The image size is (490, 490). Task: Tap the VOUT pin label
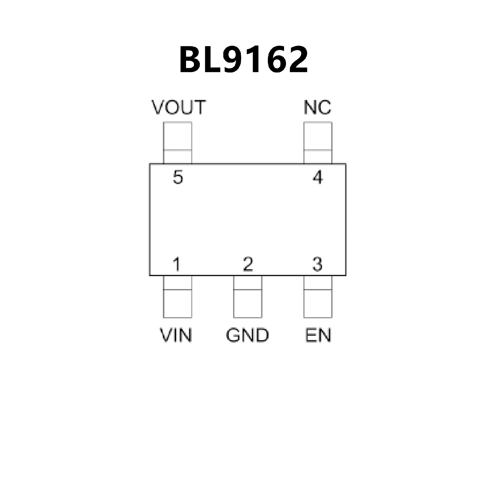point(179,107)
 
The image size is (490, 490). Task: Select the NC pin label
point(318,107)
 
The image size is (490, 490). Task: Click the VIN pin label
point(176,335)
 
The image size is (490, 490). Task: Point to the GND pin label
point(248,335)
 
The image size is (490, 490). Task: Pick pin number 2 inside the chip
point(248,264)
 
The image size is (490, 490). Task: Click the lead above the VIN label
point(177,297)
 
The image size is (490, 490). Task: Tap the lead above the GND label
point(248,297)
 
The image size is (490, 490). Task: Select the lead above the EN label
point(318,297)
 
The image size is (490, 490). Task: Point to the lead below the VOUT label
point(177,143)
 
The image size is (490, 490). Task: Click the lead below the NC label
point(318,143)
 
